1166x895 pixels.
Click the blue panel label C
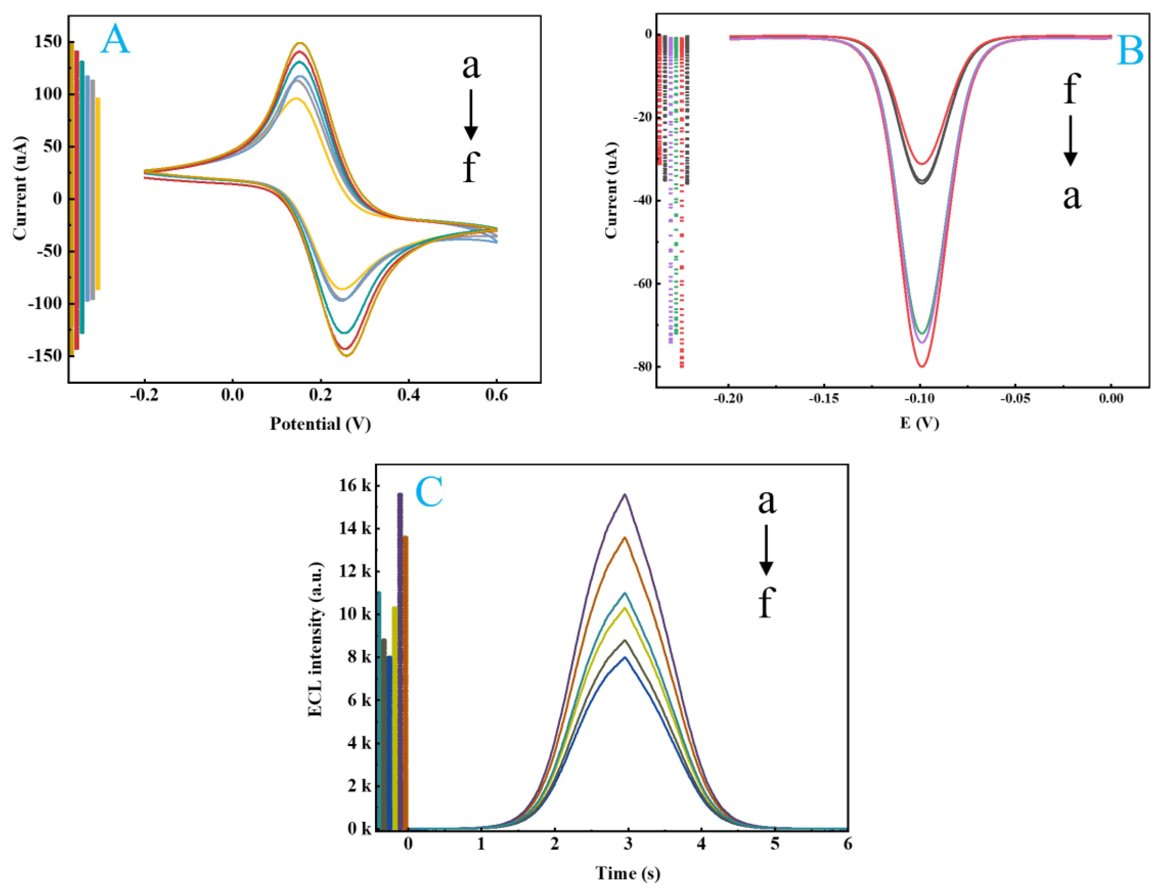tap(429, 491)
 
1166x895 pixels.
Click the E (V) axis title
tap(919, 423)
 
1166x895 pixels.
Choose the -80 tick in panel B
tap(642, 367)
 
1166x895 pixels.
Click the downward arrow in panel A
tap(470, 114)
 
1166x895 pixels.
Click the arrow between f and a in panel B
tap(1071, 141)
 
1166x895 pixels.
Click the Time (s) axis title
tap(628, 873)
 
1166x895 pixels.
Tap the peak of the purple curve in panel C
tap(625, 495)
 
